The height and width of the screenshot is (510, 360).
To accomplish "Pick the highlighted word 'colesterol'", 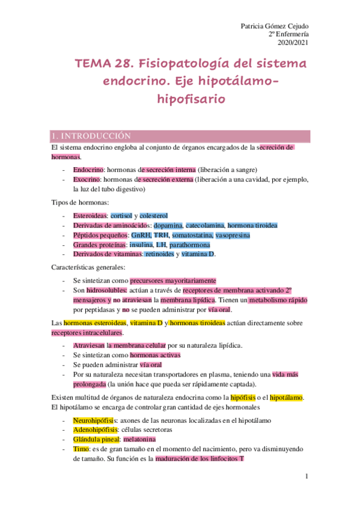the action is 153,215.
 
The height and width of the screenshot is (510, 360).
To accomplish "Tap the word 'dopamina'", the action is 168,225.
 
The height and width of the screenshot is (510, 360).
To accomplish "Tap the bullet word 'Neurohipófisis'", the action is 93,420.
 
